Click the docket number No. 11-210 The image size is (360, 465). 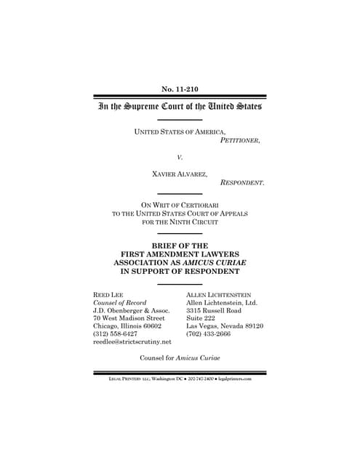coord(180,89)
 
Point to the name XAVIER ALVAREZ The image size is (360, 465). coord(180,174)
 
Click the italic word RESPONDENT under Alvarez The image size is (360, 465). coord(242,184)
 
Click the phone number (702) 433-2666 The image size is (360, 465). coord(210,336)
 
